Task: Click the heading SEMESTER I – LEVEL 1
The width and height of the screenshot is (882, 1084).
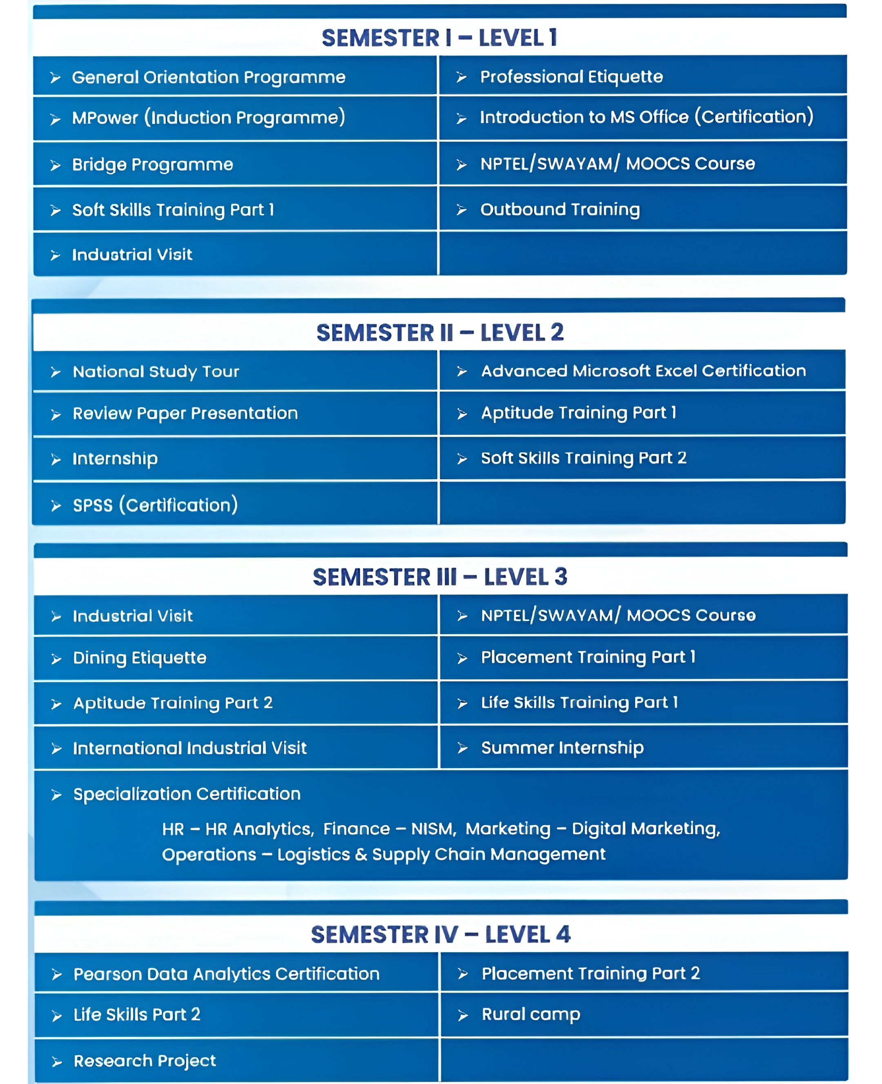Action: click(439, 38)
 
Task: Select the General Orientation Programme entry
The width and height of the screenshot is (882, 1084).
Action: click(208, 77)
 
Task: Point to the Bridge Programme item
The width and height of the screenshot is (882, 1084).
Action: click(152, 164)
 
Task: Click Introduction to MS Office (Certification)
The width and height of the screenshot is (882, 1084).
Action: click(646, 117)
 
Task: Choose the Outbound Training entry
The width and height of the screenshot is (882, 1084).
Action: click(560, 209)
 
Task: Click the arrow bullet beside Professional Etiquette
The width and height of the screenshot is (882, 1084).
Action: click(461, 77)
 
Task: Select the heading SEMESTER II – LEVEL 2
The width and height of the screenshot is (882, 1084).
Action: click(440, 333)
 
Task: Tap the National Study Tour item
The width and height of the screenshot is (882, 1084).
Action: click(156, 372)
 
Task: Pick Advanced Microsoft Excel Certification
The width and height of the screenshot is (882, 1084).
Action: click(643, 371)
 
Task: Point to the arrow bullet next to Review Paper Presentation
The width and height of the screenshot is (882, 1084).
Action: click(56, 415)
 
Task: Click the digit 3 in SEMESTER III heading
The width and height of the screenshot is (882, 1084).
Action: click(561, 577)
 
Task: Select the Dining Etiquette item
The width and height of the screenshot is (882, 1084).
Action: click(140, 658)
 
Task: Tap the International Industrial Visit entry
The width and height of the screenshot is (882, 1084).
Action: click(189, 748)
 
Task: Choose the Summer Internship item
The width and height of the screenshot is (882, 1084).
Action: click(562, 747)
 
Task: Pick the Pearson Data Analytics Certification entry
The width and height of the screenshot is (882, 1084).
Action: click(227, 974)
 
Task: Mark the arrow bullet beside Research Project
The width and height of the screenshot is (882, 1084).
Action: click(57, 1062)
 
